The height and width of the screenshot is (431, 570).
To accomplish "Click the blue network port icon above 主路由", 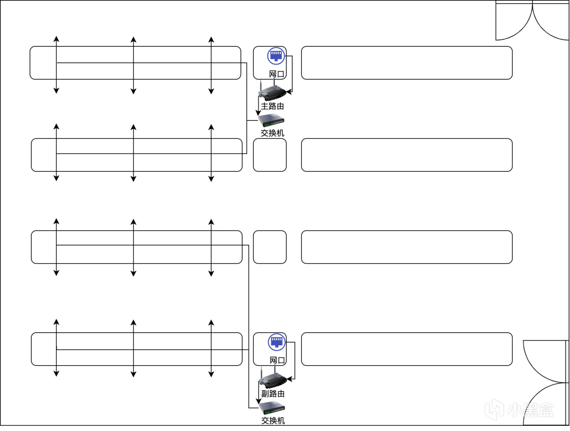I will pos(276,56).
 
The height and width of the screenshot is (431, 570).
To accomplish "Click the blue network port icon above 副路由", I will pos(277,342).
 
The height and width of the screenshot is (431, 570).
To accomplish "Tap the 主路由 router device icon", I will pos(272,93).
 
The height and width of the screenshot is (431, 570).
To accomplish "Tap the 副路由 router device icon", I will pos(273,379).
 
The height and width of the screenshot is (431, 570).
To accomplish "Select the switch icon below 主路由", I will pos(271,120).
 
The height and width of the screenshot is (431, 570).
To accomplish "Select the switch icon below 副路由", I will pos(272,407).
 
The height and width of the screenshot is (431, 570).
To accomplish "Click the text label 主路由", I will pos(272,106).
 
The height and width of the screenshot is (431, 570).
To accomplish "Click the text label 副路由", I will pos(273,394).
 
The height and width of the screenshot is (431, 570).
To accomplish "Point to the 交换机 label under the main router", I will pos(272,133).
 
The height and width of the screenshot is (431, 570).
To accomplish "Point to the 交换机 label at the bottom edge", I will pos(273,420).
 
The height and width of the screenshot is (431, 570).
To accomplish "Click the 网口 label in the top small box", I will pos(277,74).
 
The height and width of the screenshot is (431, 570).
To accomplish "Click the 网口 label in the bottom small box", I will pos(277,360).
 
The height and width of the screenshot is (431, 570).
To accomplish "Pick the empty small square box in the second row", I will pos(270,155).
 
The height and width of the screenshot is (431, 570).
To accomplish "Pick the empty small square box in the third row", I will pos(270,247).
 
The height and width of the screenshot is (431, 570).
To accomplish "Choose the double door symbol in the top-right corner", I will pos(532,21).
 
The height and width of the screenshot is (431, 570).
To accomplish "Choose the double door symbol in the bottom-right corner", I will pos(546,383).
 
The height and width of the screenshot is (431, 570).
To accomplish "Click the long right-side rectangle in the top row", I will pos(407,63).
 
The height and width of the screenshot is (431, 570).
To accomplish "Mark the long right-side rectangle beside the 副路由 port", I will pos(407,349).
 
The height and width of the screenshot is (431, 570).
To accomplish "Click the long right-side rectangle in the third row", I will pos(407,247).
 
